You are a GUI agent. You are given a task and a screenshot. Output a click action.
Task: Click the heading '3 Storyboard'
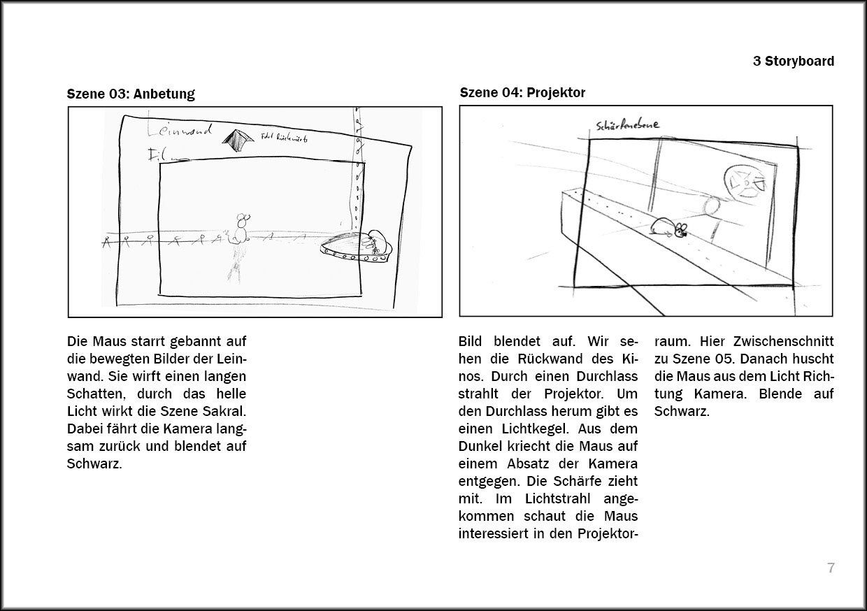click(793, 61)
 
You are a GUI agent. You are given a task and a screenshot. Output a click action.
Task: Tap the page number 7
click(831, 568)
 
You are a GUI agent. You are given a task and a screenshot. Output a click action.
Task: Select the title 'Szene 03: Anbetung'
click(131, 94)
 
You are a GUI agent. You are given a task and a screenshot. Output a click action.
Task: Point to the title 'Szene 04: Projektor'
click(522, 92)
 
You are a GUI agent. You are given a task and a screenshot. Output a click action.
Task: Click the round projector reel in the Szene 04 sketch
click(744, 180)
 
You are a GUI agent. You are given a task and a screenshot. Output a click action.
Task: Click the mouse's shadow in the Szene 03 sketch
click(236, 264)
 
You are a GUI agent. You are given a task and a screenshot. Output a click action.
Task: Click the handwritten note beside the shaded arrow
click(284, 138)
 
